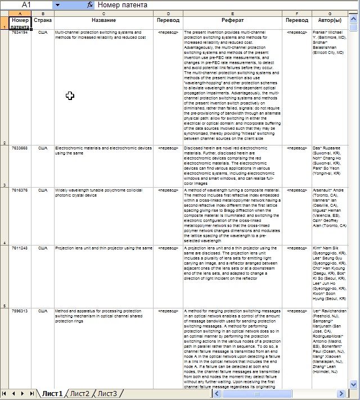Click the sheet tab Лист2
click(x=80, y=394)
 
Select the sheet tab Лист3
click(x=107, y=394)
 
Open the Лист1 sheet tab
click(x=52, y=394)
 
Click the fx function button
click(x=90, y=4)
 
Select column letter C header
click(x=104, y=13)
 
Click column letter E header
click(x=232, y=13)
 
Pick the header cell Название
click(x=104, y=20)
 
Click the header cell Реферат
click(x=232, y=20)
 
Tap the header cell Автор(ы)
click(x=329, y=20)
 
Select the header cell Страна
click(x=43, y=20)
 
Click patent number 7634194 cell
click(x=20, y=33)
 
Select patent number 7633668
click(x=20, y=149)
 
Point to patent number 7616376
click(x=20, y=190)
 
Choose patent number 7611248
click(x=20, y=248)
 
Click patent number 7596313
click(x=20, y=311)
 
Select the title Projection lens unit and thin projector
click(x=103, y=248)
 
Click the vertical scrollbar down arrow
click(x=353, y=384)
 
